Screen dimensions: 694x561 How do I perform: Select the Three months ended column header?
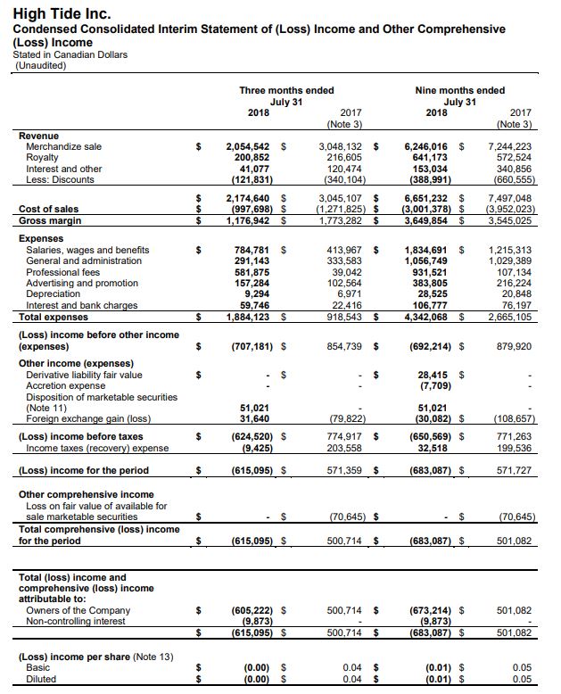286,90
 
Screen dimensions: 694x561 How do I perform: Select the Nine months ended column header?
459,90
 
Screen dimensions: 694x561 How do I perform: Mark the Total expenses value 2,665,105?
510,317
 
